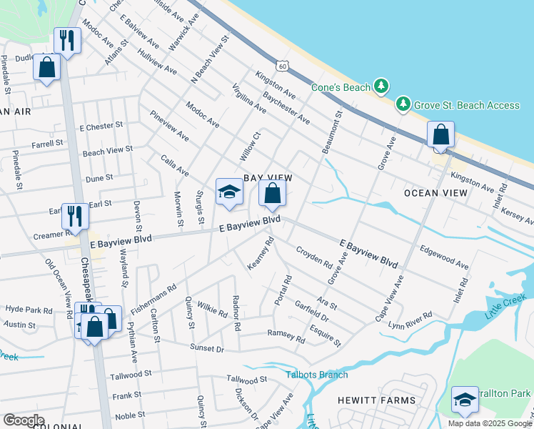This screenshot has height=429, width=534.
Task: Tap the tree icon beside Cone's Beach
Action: tap(382, 87)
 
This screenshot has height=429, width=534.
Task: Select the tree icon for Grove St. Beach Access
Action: tap(403, 105)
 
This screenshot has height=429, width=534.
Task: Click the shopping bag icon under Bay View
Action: tap(272, 192)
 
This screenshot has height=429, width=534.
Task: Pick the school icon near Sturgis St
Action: tap(229, 192)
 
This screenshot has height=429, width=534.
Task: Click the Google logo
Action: tap(23, 420)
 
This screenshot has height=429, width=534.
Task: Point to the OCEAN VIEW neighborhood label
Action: tap(435, 193)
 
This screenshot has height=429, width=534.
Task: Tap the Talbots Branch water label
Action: tap(317, 375)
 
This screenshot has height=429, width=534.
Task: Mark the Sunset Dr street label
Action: tap(207, 348)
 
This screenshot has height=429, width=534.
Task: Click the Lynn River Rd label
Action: tap(410, 315)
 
